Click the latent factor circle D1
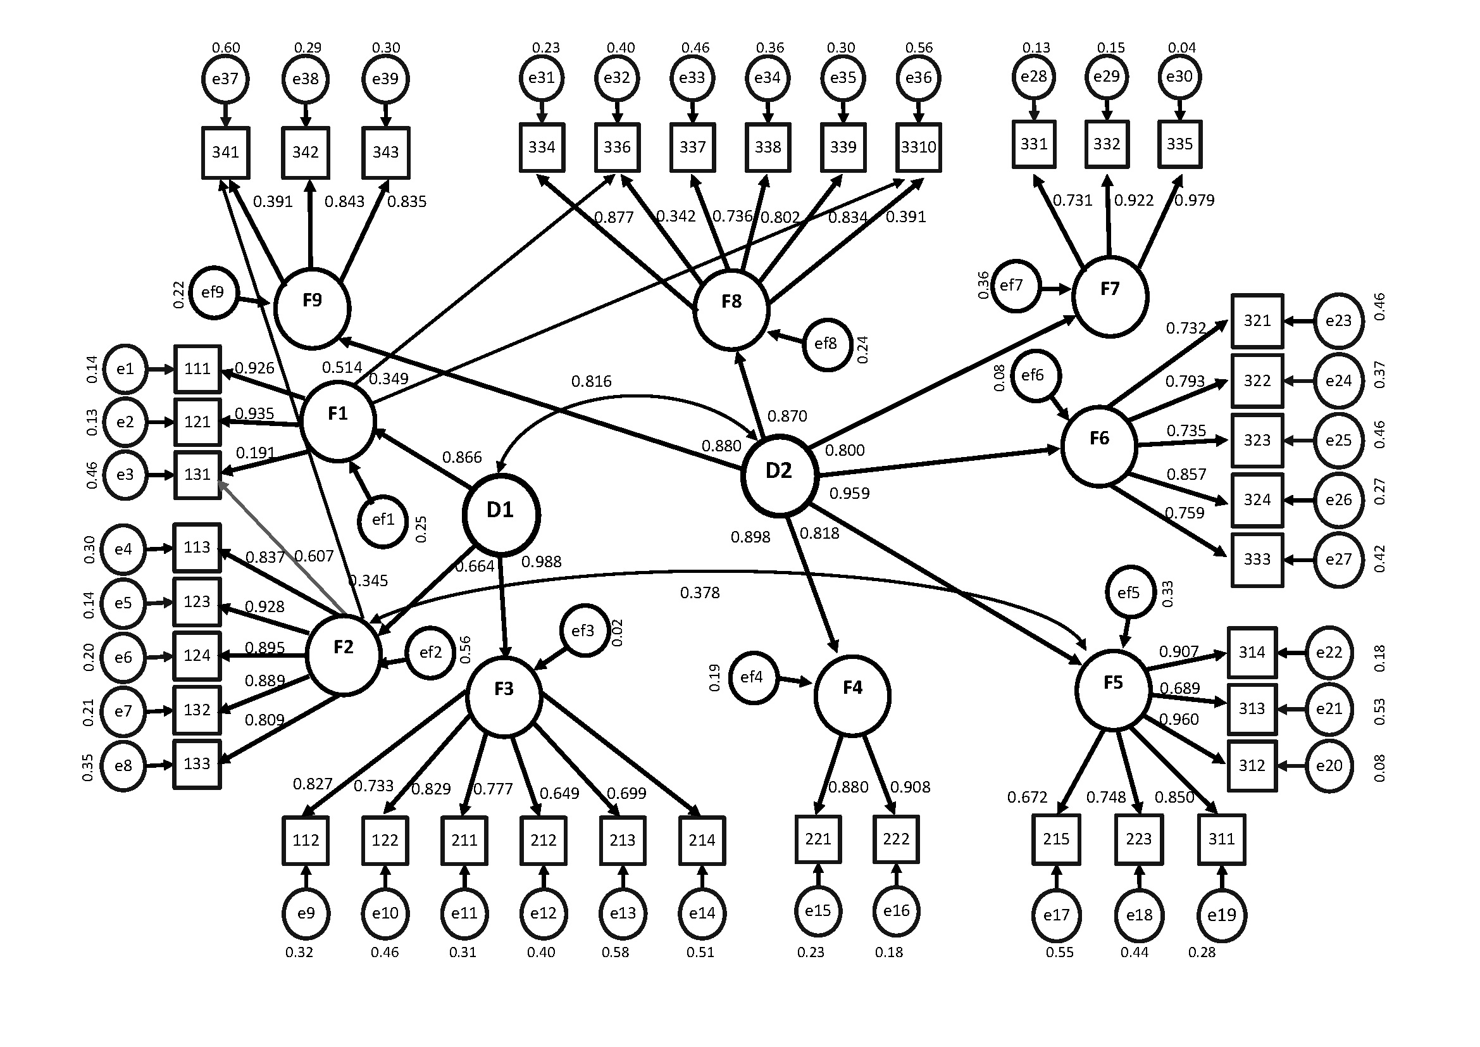501,514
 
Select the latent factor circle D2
779,474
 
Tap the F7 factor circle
1109,296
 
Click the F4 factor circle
852,695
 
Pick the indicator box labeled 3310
919,147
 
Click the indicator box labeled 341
226,152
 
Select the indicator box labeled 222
896,839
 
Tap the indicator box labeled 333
1257,560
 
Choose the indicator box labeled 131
197,475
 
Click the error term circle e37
225,78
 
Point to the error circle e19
1221,915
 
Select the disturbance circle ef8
826,344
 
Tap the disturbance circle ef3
583,630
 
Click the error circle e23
1338,321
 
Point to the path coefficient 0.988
541,561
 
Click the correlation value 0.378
699,592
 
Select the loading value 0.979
1194,201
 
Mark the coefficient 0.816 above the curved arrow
591,382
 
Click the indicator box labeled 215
1056,839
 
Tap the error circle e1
125,370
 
